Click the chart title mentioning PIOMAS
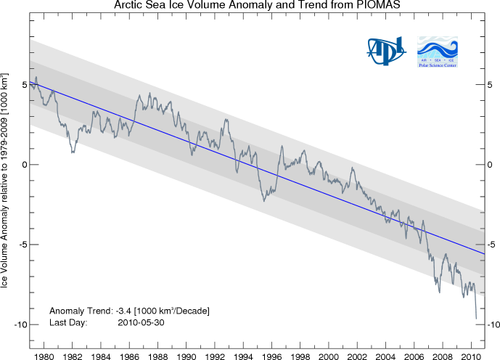250,6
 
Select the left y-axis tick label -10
20,324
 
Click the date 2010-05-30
141,322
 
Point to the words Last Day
67,322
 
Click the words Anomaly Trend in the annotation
81,311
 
